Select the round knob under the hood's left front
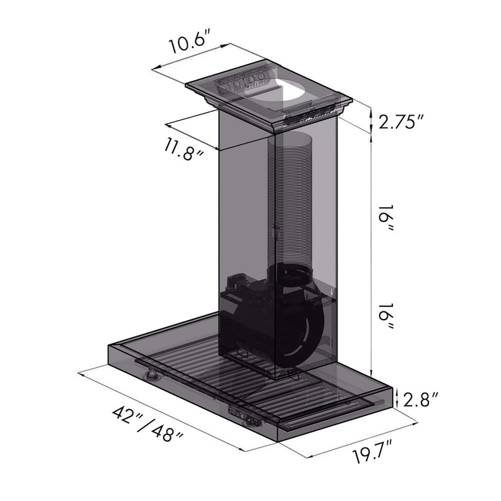coord(150,375)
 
